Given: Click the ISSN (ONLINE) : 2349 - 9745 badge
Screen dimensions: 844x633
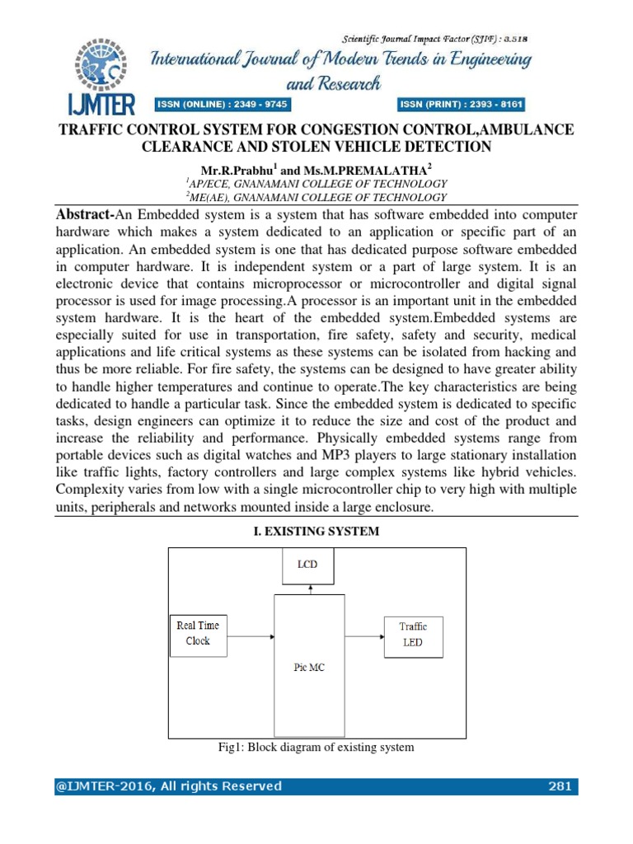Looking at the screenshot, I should [223, 105].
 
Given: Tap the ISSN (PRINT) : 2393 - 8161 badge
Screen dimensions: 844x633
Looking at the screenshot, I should [462, 105].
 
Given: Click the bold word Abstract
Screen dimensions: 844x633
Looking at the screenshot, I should [85, 213].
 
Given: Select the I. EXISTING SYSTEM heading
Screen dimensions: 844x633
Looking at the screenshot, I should [316, 532].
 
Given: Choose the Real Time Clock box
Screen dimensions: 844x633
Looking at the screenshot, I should [198, 633].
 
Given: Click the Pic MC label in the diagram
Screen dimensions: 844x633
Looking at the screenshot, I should [310, 668].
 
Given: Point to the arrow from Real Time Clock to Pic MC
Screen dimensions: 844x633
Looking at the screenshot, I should [251, 635].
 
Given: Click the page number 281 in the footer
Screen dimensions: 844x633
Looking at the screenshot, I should [560, 785].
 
